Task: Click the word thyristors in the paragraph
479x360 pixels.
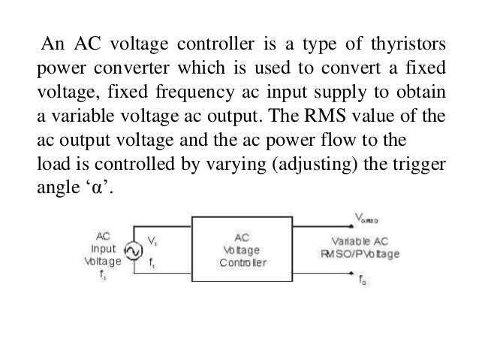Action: click(402, 40)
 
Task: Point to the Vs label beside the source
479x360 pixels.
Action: click(152, 241)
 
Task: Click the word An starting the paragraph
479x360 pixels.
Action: click(53, 40)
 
